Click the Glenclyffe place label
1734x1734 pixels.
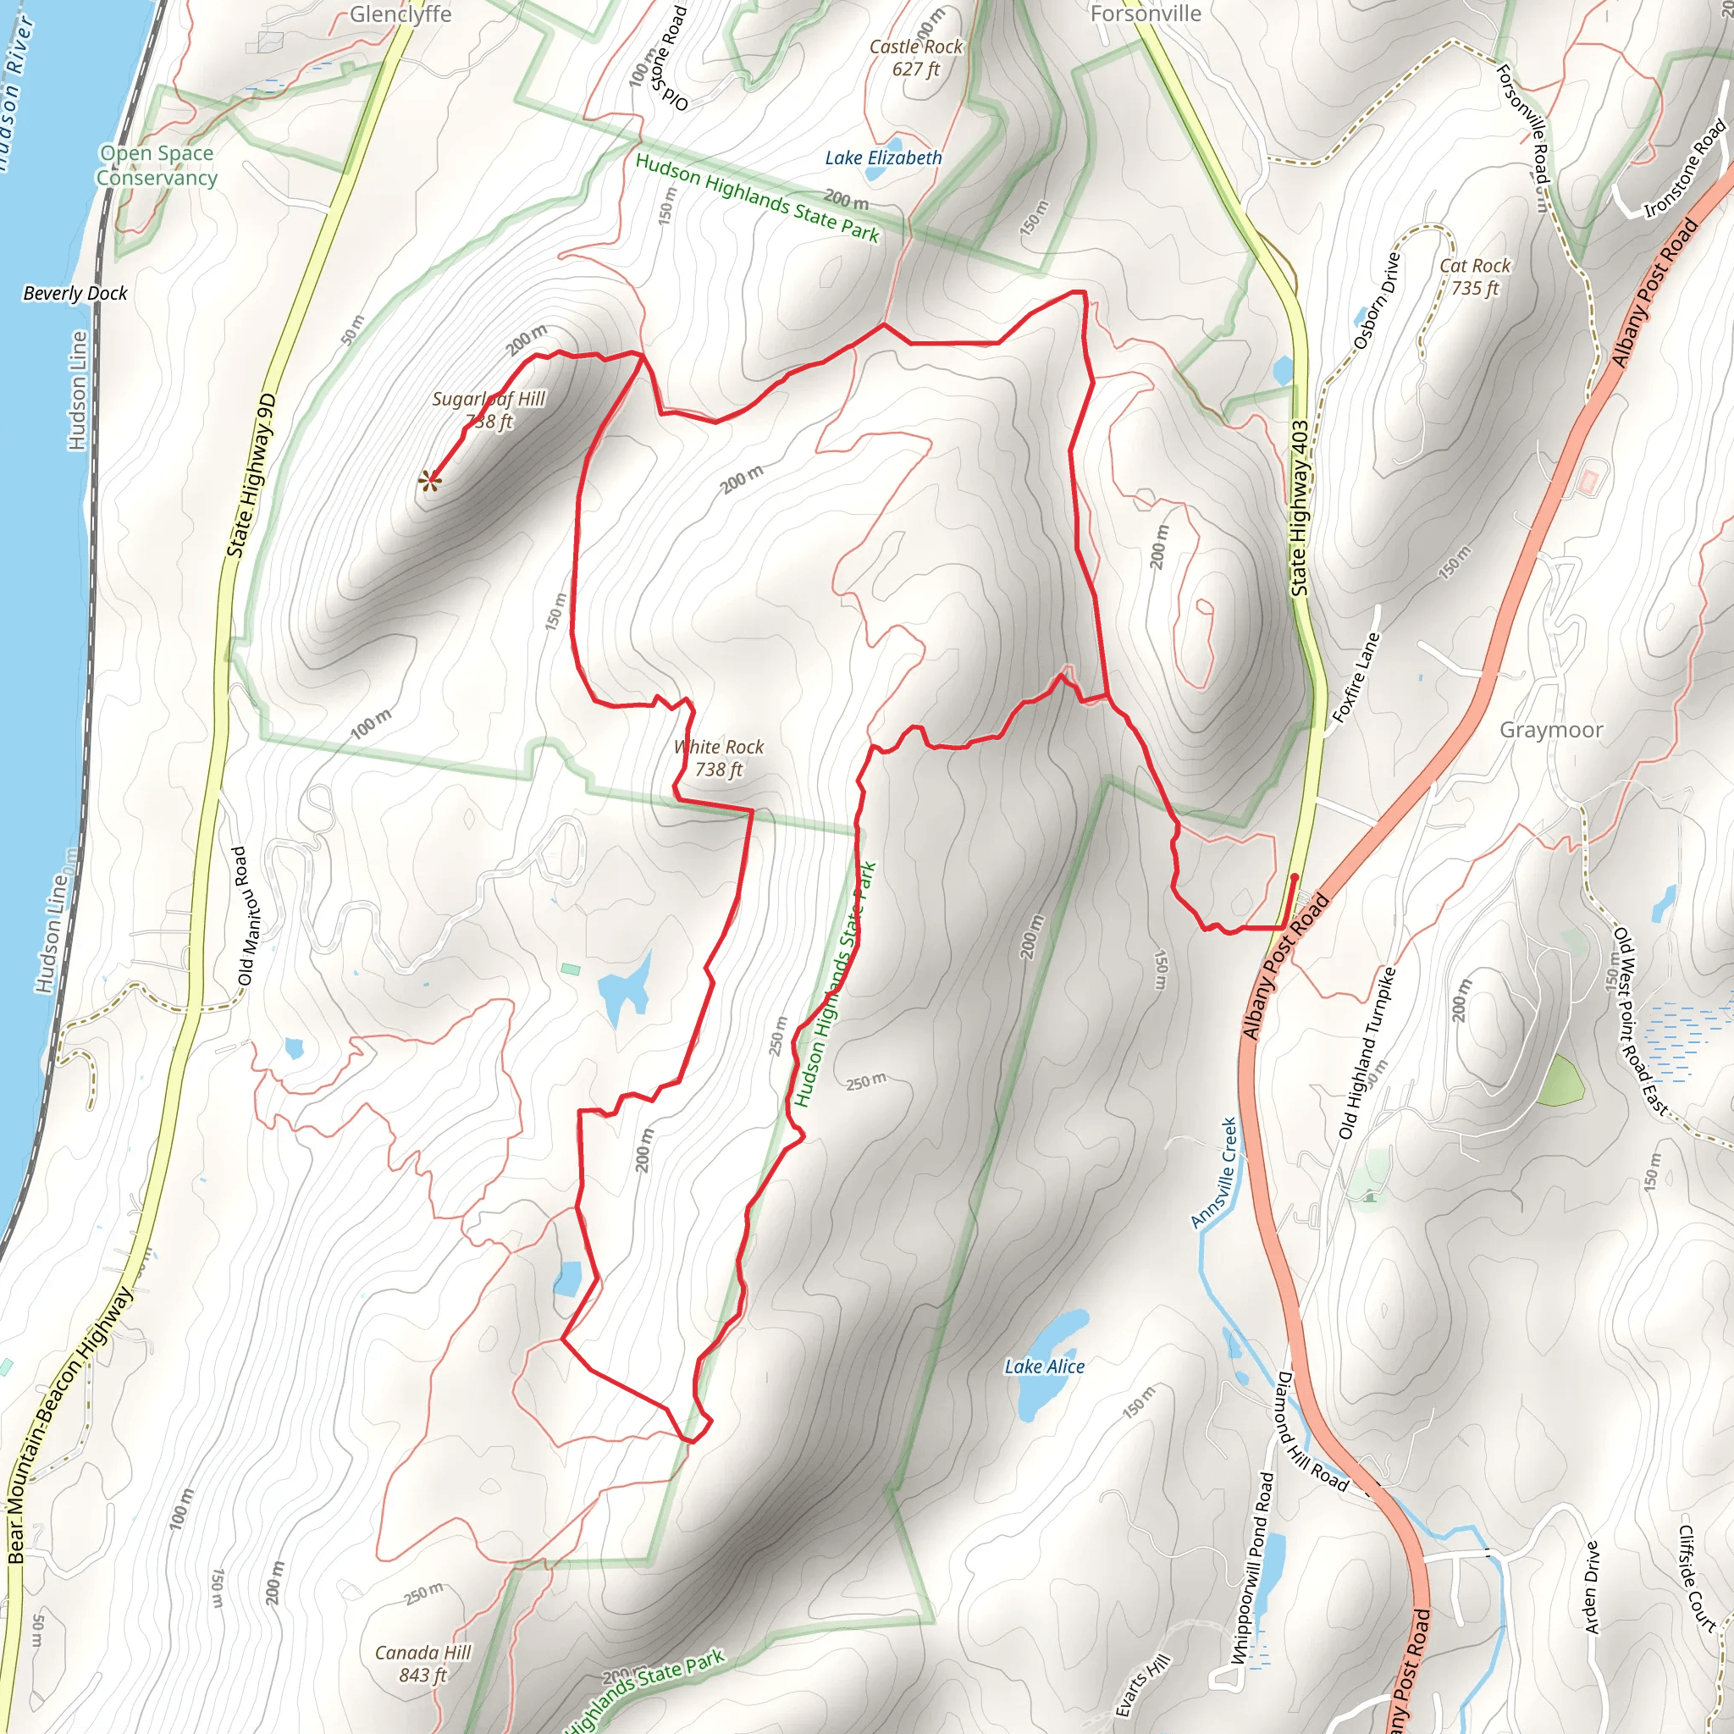(400, 14)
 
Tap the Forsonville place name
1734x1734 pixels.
(1146, 14)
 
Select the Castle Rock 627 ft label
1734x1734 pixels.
(915, 58)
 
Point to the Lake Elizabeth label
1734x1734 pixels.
(883, 158)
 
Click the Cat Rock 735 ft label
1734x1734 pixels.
(1475, 276)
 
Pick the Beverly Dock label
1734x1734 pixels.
(75, 294)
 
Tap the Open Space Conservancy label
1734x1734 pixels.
(157, 165)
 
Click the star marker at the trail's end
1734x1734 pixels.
(430, 482)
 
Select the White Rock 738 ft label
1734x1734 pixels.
(719, 758)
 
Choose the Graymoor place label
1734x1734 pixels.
(1551, 730)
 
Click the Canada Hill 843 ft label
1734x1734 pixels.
(422, 1663)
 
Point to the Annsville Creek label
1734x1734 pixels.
(1214, 1172)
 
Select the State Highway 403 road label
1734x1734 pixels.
(1300, 508)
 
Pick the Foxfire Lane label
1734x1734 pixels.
(1356, 677)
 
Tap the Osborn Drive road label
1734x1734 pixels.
(1377, 301)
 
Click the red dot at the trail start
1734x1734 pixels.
(1295, 877)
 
